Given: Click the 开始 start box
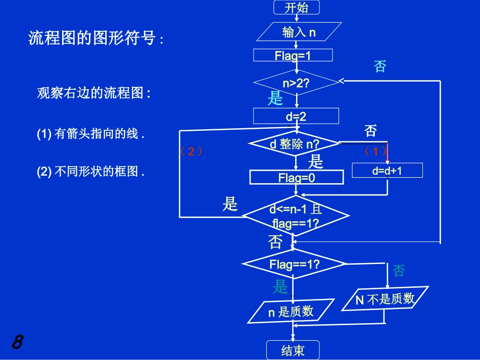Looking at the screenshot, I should tap(297, 8).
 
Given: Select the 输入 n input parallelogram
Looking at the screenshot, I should tap(299, 33).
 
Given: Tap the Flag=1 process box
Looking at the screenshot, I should tap(293, 55).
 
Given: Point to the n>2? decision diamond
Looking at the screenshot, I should tap(296, 83).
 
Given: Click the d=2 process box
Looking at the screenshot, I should tap(296, 117).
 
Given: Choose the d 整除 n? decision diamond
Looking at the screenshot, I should tap(295, 144).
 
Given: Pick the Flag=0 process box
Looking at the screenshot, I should tap(297, 177).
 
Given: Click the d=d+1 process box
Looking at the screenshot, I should tap(387, 171).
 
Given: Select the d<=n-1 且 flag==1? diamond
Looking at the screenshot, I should tap(296, 216).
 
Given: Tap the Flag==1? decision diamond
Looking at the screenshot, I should tap(295, 264).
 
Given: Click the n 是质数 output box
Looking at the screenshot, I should tap(291, 312).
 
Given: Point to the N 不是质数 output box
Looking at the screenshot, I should tap(385, 299).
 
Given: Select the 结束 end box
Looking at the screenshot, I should tap(293, 350).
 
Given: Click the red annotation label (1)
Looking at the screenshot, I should tap(375, 151).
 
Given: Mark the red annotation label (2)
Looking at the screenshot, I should tap(191, 151).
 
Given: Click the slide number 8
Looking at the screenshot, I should tap(17, 342).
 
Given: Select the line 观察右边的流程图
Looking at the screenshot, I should tap(93, 93).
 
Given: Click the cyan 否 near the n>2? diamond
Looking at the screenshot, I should tap(379, 66).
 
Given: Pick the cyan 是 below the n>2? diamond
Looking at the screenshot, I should tap(275, 98).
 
